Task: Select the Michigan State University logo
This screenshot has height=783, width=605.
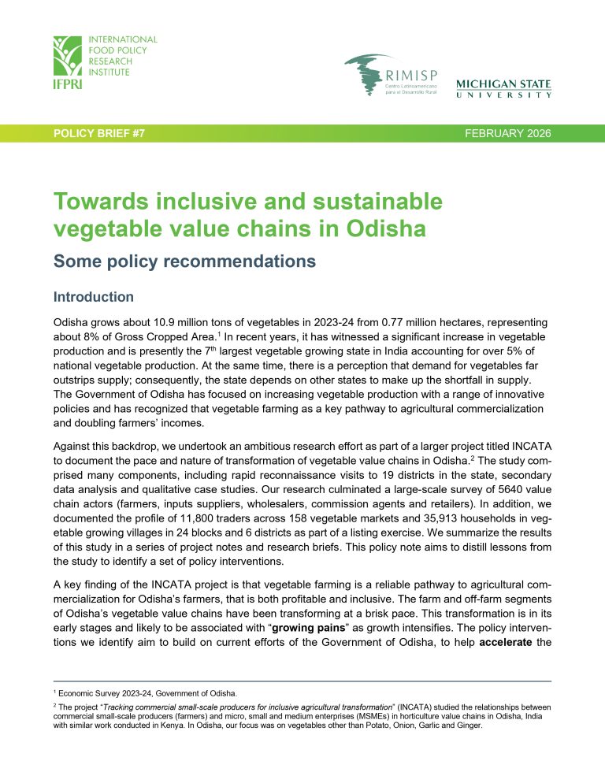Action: pos(503,88)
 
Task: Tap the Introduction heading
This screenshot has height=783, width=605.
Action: pos(93,297)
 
